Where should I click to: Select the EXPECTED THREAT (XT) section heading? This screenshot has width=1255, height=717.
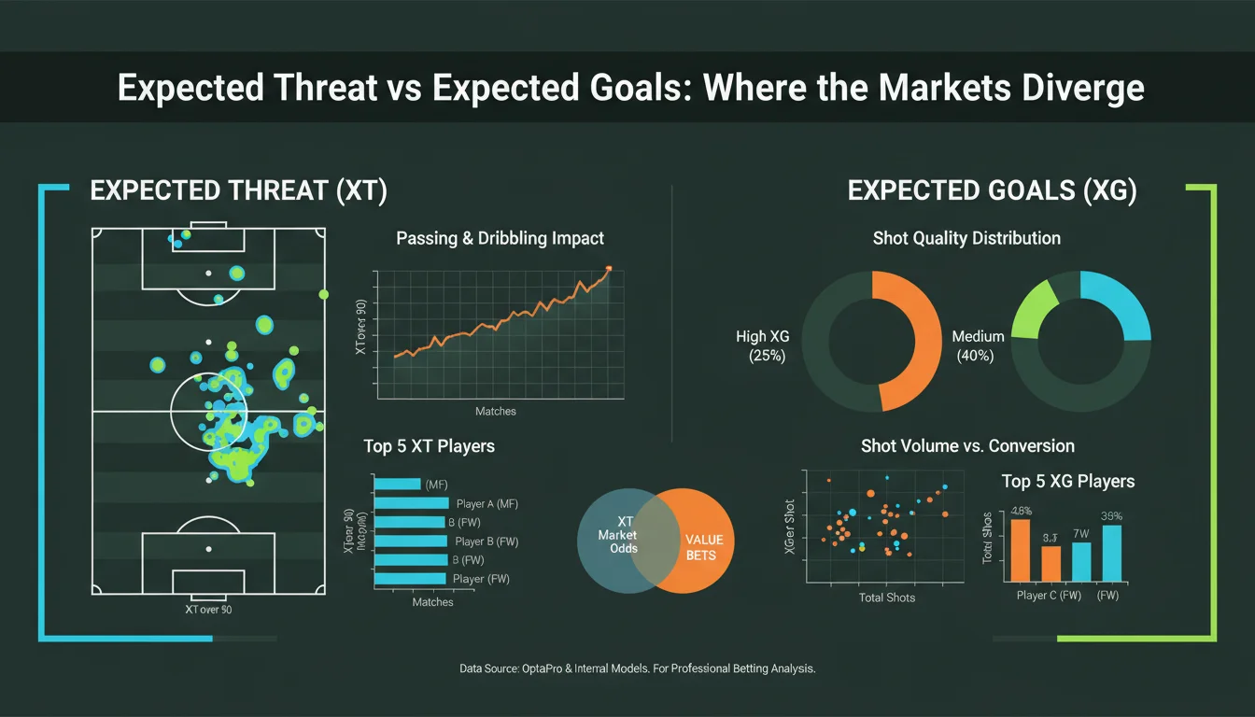[x=238, y=191]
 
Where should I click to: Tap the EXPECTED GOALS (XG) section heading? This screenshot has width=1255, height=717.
[x=992, y=191]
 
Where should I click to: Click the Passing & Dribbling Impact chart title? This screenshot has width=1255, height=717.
[x=500, y=238]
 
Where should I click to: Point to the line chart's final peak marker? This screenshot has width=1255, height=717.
[x=609, y=268]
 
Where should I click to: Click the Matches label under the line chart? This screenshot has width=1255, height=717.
[x=495, y=412]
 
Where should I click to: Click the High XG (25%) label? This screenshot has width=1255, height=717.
[x=763, y=345]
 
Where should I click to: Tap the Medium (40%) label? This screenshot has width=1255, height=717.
[x=978, y=345]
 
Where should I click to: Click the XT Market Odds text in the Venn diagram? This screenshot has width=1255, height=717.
[x=618, y=535]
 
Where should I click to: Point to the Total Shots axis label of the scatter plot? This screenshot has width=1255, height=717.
[x=886, y=597]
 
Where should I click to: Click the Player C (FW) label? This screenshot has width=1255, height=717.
[x=1048, y=596]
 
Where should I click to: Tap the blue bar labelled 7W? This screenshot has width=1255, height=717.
[x=1081, y=561]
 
